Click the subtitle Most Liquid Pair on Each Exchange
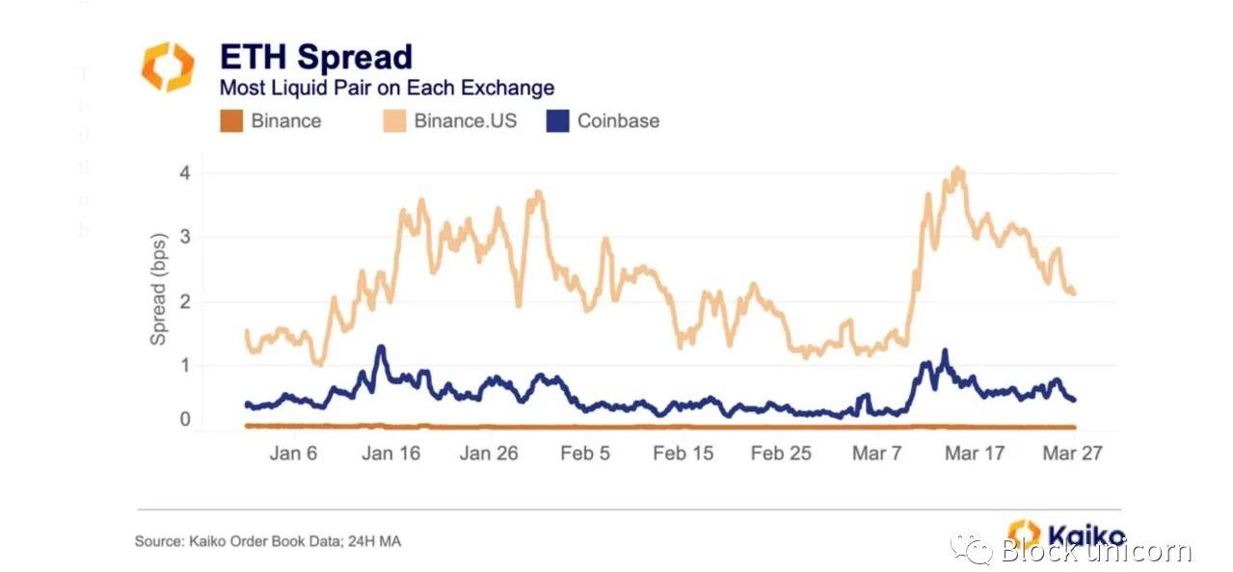[387, 88]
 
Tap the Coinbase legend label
[618, 121]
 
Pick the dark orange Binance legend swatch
[231, 121]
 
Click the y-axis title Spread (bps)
[159, 289]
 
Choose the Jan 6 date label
[292, 453]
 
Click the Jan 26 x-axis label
[488, 453]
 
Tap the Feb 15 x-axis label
[683, 453]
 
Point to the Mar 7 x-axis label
[876, 453]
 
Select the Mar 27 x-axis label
[1072, 453]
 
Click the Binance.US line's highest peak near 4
[957, 170]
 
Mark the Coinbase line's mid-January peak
[381, 347]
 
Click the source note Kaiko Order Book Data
[267, 542]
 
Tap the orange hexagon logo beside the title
[168, 66]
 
